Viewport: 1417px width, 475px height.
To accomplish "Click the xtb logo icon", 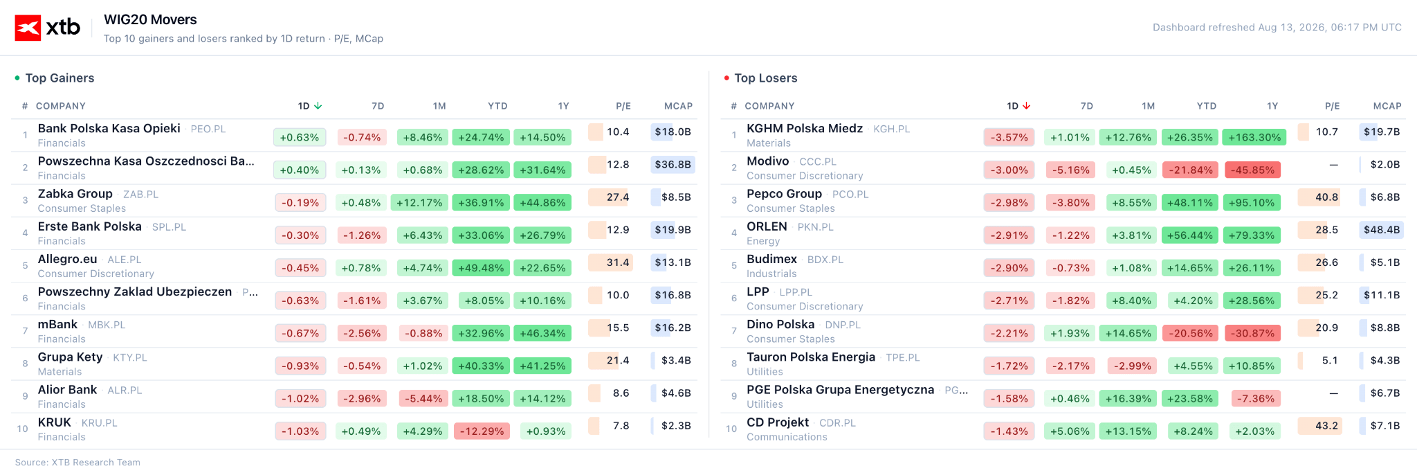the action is click(28, 28).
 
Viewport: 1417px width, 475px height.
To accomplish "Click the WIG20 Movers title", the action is click(150, 19).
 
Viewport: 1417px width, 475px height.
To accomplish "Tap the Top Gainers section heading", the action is click(60, 78).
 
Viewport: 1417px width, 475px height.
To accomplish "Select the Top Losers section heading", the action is click(766, 78).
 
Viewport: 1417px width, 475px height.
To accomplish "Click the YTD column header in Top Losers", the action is click(1207, 106).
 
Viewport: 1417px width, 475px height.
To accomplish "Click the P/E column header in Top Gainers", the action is click(623, 106).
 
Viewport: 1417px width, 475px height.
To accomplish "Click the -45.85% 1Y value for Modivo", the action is click(1252, 170).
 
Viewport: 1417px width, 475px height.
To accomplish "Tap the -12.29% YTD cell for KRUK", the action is click(482, 431).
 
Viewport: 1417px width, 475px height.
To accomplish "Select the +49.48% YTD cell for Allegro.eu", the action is click(481, 267).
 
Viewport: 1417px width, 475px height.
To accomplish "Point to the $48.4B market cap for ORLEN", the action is click(1382, 229).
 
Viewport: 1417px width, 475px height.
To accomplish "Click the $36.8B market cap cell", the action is click(673, 164).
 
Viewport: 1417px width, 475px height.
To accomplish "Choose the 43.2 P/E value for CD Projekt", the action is click(1326, 425).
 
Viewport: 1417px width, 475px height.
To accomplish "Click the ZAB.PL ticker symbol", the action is click(140, 195).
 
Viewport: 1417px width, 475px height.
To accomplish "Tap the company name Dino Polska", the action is click(780, 324).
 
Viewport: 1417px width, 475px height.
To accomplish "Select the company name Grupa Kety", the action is click(70, 357).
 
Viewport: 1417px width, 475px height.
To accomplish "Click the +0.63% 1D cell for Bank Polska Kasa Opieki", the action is click(300, 137).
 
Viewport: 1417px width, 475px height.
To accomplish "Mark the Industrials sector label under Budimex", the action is click(771, 274).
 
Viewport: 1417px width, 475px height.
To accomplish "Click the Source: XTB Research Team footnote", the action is click(77, 463).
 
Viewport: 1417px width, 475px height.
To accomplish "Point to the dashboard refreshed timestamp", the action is click(1277, 28).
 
